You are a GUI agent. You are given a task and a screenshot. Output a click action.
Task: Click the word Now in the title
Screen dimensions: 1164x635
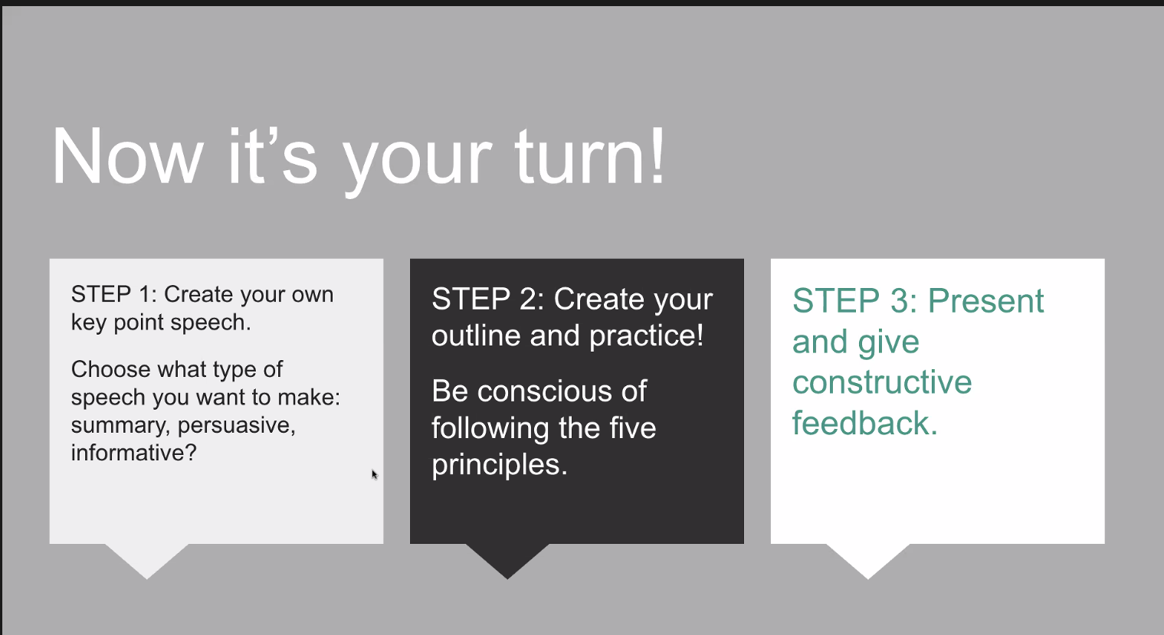pos(127,157)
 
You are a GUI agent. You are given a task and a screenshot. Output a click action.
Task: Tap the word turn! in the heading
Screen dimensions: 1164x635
pos(590,156)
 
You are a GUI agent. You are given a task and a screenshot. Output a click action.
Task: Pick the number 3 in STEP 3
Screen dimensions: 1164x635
pos(900,301)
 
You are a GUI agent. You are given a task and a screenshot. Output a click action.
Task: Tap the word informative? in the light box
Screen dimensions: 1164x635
pos(134,453)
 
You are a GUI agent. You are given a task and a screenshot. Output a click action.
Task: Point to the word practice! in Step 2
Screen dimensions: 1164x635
pos(647,336)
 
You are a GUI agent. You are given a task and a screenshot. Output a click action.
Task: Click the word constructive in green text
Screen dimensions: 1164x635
pos(882,382)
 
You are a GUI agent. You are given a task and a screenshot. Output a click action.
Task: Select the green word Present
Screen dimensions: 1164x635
pos(985,301)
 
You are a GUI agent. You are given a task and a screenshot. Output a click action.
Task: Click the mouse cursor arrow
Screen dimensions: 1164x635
pos(375,474)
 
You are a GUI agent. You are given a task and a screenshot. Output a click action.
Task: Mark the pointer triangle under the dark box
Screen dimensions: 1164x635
pos(508,561)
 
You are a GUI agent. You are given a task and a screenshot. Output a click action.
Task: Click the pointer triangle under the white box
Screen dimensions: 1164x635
pos(867,561)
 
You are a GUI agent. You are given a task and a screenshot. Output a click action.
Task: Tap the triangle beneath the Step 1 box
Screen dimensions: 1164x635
pos(147,561)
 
